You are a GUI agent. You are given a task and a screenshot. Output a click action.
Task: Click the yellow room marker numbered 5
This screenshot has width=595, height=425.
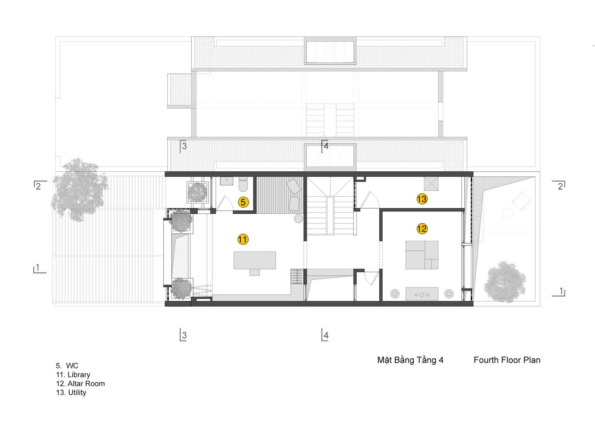click(243, 202)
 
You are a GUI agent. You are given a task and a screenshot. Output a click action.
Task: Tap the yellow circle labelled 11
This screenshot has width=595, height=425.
click(243, 240)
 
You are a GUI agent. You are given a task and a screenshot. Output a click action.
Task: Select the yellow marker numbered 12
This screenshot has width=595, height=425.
click(422, 229)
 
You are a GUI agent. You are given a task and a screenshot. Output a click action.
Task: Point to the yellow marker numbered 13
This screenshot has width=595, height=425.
click(422, 199)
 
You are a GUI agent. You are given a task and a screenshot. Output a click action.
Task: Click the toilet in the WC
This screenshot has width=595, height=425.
click(243, 184)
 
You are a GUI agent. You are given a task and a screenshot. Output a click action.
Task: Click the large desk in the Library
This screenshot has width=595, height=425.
click(255, 260)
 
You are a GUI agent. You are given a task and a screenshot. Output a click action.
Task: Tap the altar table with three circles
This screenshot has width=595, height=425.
click(422, 294)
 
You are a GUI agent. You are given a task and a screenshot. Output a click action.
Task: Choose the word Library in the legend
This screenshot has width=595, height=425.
click(79, 375)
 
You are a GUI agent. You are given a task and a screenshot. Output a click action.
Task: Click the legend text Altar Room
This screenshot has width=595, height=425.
click(86, 384)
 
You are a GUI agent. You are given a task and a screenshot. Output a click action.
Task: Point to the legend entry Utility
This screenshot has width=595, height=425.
click(77, 393)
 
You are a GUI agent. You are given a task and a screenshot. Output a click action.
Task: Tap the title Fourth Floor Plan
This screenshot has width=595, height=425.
click(507, 360)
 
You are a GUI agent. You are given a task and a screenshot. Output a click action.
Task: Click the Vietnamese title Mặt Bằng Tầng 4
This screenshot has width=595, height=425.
click(410, 360)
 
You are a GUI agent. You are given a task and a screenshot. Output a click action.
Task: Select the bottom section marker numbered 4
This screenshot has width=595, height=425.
click(325, 335)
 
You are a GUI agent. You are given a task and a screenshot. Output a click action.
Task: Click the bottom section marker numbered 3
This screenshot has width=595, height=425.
click(183, 335)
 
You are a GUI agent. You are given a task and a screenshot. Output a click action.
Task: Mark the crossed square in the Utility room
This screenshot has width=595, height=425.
click(431, 183)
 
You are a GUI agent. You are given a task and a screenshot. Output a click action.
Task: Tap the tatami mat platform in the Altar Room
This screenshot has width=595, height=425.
click(422, 255)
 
